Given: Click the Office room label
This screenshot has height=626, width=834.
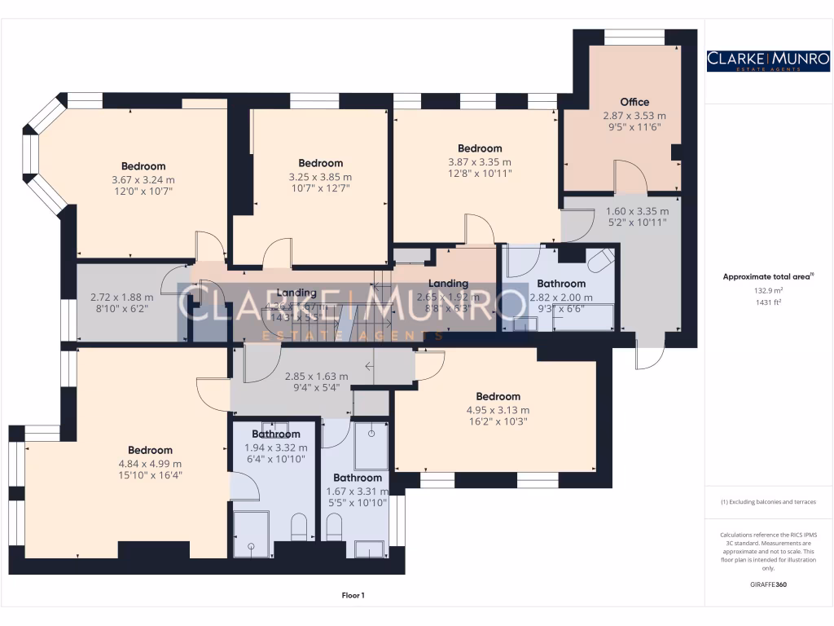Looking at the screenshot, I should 634,102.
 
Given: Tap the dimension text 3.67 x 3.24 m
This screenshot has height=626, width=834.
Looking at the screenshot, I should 143,179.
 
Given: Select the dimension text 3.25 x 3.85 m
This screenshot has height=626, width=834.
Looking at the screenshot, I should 320,176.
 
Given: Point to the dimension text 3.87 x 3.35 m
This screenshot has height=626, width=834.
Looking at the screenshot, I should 480,161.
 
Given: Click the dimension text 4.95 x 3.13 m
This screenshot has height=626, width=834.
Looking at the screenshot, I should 498,410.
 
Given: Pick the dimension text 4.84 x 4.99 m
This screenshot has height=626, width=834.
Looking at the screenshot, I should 150,463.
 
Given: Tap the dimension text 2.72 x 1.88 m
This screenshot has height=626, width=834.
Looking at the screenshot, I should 116,297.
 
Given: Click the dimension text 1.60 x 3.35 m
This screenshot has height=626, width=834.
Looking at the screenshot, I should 636,210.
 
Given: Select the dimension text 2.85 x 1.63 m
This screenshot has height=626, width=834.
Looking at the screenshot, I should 316,377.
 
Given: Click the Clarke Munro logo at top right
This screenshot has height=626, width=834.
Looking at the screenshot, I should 768,60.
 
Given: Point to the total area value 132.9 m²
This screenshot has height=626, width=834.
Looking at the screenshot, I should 768,289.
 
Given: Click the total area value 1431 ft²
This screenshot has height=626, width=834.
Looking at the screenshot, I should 768,302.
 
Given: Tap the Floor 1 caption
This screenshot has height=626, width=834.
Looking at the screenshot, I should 353,596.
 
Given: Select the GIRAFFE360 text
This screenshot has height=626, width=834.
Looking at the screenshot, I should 768,584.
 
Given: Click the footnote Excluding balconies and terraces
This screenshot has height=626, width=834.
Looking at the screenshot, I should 768,502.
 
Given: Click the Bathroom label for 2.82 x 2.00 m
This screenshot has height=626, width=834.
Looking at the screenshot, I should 561,284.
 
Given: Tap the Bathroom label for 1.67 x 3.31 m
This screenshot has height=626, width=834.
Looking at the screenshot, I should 358,478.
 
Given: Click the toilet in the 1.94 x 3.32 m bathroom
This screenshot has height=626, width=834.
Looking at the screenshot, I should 298,527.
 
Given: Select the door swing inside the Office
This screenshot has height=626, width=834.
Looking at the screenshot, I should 630,175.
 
